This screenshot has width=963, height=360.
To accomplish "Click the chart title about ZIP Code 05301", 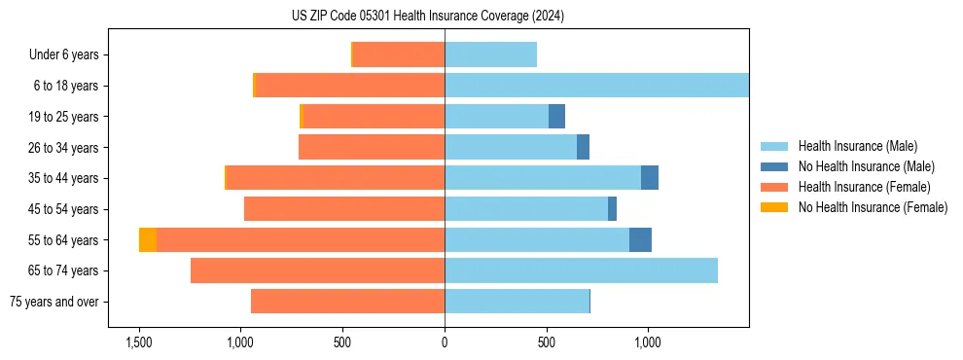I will tap(428, 16).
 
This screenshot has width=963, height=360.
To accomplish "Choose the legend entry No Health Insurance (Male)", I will tap(866, 166).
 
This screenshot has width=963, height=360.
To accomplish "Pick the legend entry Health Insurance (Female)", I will tap(864, 187).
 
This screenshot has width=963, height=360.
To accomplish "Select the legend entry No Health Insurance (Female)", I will tap(873, 207).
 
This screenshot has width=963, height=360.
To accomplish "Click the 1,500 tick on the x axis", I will tap(139, 342).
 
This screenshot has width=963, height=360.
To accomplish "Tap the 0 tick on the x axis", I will tap(445, 342).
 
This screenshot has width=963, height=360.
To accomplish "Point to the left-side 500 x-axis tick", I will tap(342, 342).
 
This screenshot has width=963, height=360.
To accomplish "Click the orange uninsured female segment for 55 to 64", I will tap(147, 240).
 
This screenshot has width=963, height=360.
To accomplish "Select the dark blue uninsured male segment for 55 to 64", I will tap(640, 240).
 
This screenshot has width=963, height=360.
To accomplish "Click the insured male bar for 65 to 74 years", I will tap(581, 270).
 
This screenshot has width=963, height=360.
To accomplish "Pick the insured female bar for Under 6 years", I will tap(399, 55).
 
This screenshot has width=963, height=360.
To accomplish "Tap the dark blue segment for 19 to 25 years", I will tap(556, 117).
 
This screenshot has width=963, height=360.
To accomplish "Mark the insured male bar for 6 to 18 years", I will tap(596, 86).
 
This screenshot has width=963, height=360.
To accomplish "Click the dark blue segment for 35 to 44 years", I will tap(650, 178).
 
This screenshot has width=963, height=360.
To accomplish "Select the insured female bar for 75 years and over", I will tap(347, 302).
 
